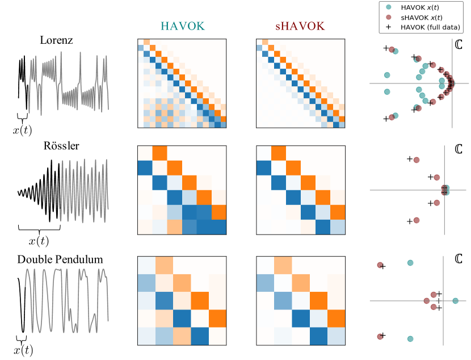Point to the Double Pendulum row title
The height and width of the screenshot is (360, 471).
coord(60,260)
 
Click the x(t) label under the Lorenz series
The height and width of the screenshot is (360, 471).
coord(23,130)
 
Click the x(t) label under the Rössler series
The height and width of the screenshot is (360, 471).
coord(39,241)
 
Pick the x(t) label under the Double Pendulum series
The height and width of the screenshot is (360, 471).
coord(23,351)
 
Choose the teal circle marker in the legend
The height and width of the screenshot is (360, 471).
coord(387,7)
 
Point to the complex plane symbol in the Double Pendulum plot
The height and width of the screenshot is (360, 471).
coord(459,259)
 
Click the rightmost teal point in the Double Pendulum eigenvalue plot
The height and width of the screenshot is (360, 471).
coord(455,300)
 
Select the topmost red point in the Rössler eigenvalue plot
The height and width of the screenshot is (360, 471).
coord(416,160)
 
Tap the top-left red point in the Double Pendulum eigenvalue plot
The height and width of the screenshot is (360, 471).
coord(380,265)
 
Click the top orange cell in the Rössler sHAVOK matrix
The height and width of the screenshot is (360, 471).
coord(279,154)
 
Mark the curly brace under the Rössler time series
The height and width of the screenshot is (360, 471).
coord(39,229)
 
